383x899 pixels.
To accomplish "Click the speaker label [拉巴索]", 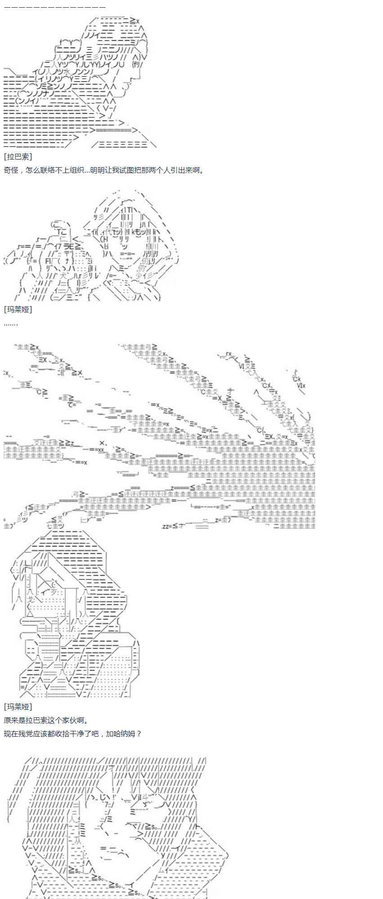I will (18, 156).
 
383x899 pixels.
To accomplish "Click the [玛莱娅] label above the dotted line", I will (18, 310).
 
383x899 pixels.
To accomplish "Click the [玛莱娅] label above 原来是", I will (18, 707).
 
